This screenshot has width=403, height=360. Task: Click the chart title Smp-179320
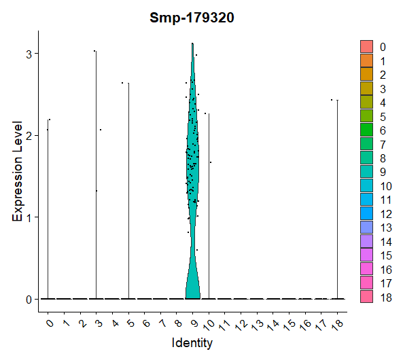[192, 18]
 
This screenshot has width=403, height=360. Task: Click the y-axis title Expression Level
[18, 171]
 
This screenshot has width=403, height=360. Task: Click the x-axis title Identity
[192, 343]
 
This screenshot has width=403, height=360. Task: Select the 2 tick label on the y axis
[29, 136]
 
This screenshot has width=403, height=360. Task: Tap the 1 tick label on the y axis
[29, 217]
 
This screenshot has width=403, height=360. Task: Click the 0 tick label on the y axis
[29, 300]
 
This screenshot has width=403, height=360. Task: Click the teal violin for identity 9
[193, 180]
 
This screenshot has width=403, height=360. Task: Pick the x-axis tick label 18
[338, 324]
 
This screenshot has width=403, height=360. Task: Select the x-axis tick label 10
[209, 325]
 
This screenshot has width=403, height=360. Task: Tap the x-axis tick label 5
[130, 323]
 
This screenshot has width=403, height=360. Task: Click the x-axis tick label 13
[258, 325]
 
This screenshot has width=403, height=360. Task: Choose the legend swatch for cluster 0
[366, 46]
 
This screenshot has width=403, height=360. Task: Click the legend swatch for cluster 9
[366, 172]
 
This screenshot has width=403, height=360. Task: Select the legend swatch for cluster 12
[366, 213]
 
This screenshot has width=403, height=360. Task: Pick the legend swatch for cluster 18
[366, 297]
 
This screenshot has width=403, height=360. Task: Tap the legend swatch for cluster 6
[366, 130]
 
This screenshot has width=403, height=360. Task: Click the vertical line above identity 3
[96, 175]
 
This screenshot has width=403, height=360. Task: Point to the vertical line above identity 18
[338, 200]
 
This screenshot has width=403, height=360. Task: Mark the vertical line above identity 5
[128, 191]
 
